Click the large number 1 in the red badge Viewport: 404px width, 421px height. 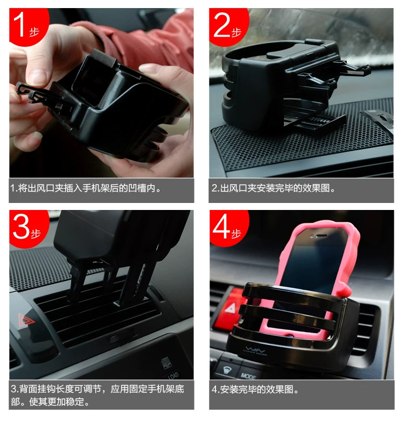19,25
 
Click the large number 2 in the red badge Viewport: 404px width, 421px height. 222,25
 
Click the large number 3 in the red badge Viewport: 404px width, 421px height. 21,227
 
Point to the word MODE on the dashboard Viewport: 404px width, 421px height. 248,376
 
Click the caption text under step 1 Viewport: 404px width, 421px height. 86,188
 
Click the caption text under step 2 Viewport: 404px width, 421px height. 273,188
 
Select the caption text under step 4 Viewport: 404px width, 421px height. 255,390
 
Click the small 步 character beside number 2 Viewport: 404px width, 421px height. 236,32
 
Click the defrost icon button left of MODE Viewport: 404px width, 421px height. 227,370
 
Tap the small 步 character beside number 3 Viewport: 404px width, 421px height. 36,234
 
